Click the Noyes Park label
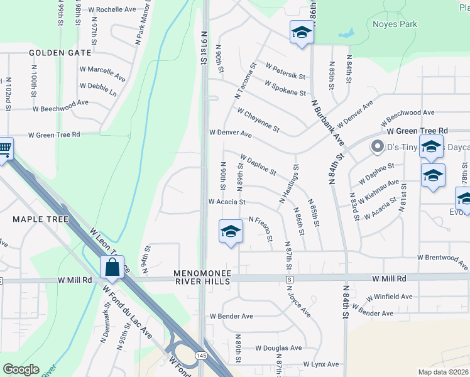pyautogui.click(x=395, y=25)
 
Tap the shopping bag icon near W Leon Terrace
pyautogui.click(x=112, y=267)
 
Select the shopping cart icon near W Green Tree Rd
pyautogui.click(x=4, y=150)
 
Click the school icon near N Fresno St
pyautogui.click(x=231, y=232)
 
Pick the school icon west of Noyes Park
pyautogui.click(x=302, y=32)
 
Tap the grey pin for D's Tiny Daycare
pyautogui.click(x=377, y=147)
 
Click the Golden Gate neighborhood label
pyautogui.click(x=60, y=53)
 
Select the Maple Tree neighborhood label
pyautogui.click(x=40, y=219)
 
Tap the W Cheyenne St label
pyautogui.click(x=258, y=119)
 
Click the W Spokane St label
pyautogui.click(x=285, y=88)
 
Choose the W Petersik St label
pyautogui.click(x=285, y=71)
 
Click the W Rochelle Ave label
pyautogui.click(x=112, y=10)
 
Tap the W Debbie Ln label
pyautogui.click(x=98, y=86)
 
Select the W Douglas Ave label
pyautogui.click(x=278, y=348)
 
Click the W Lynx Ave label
pyautogui.click(x=320, y=364)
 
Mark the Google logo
pyautogui.click(x=21, y=369)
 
